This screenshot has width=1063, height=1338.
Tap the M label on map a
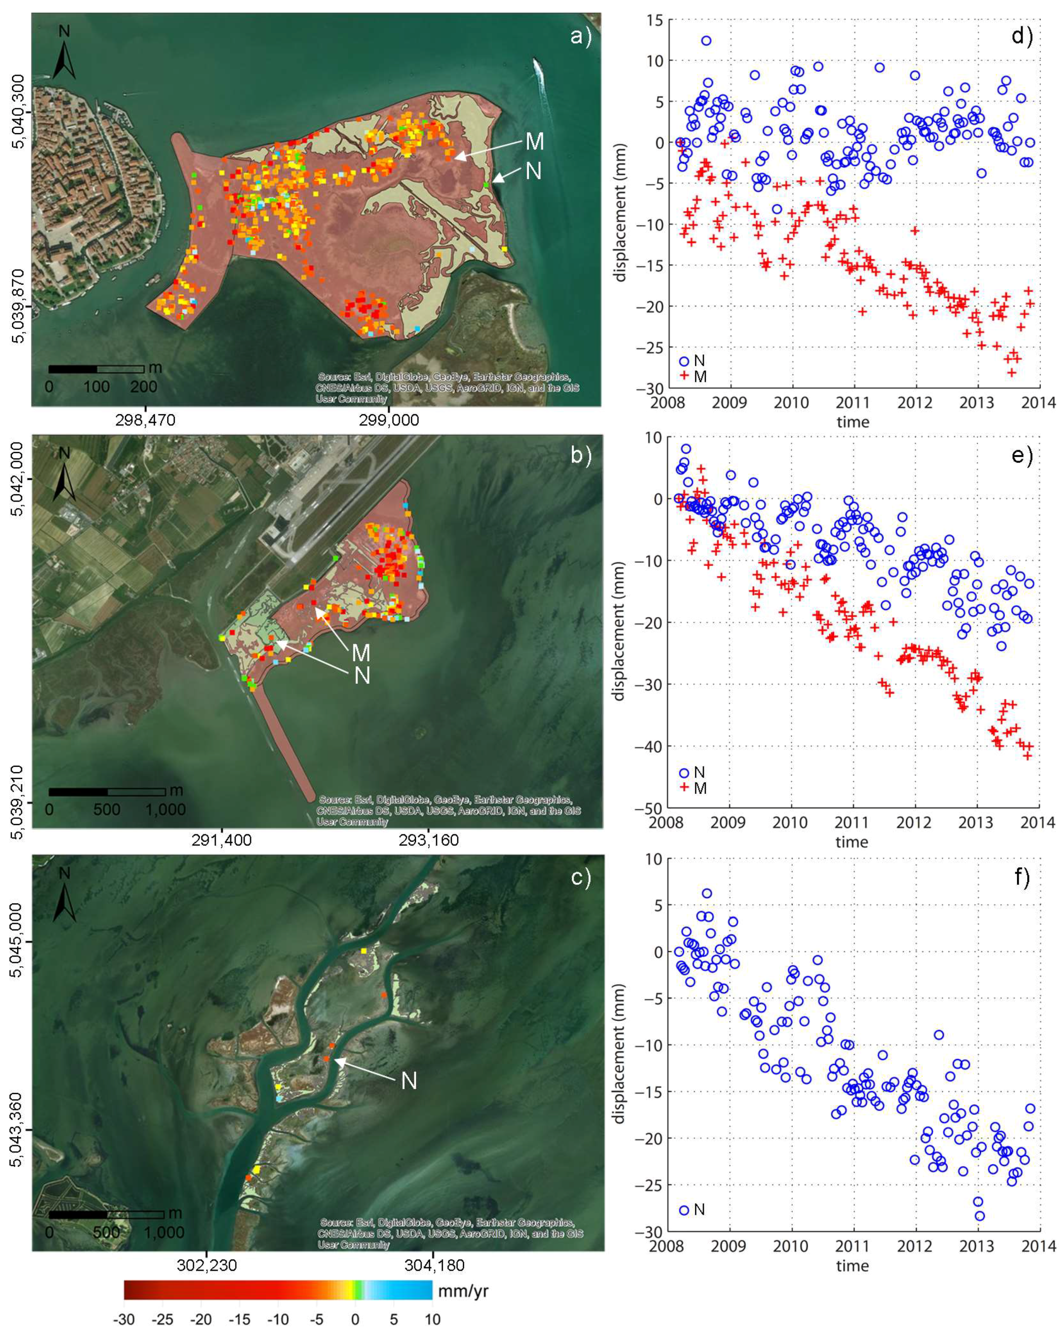pyautogui.click(x=534, y=142)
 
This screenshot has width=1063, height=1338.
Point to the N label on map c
pyautogui.click(x=409, y=1081)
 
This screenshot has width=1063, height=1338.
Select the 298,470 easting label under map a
pyautogui.click(x=145, y=420)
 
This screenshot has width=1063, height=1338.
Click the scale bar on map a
pyautogui.click(x=96, y=369)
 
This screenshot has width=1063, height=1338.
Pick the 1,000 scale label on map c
pyautogui.click(x=165, y=1232)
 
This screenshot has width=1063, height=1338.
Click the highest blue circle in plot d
pyautogui.click(x=706, y=41)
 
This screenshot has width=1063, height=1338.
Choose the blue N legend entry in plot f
pyautogui.click(x=692, y=1210)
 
